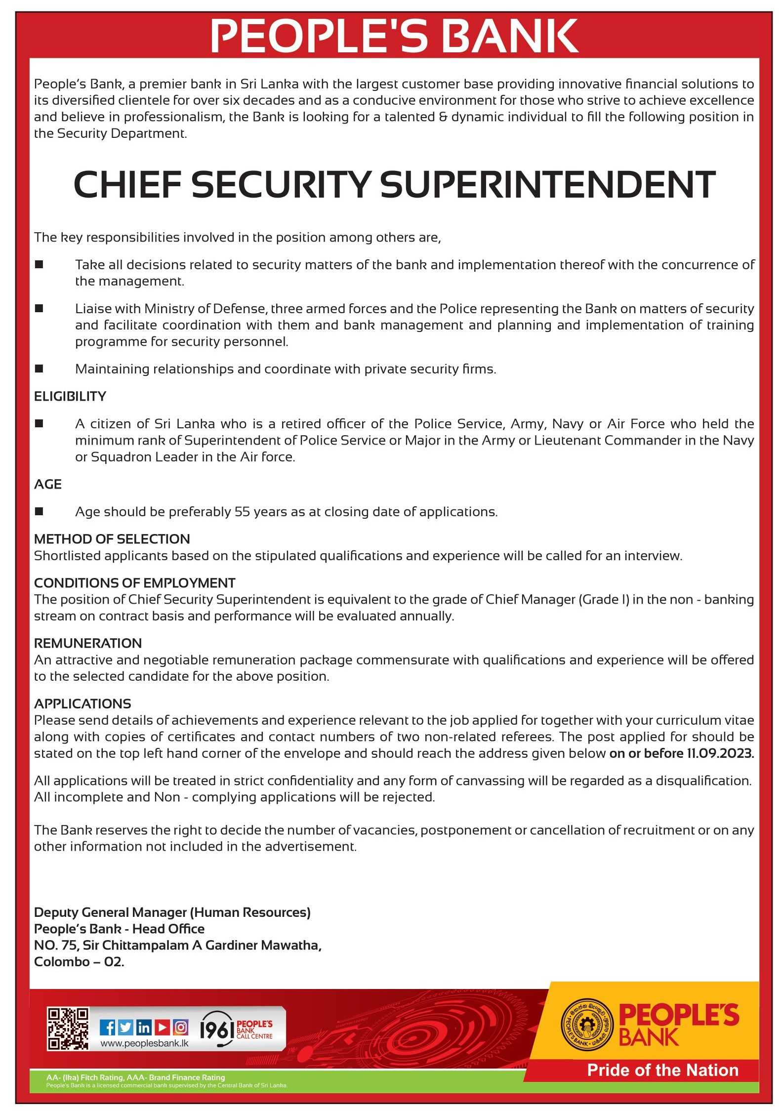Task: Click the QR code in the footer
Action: [68, 1029]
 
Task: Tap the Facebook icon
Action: [107, 1028]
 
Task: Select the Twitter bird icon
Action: [125, 1028]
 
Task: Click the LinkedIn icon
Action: [144, 1028]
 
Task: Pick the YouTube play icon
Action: [162, 1028]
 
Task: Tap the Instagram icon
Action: [181, 1028]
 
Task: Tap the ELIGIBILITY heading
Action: [70, 396]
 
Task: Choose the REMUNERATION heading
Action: [88, 643]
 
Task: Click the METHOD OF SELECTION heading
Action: [112, 539]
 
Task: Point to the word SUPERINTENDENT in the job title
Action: [547, 185]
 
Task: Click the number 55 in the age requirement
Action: [242, 512]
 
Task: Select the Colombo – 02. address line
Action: [79, 961]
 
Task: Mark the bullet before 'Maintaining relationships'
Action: [39, 369]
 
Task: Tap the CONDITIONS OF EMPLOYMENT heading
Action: [135, 583]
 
